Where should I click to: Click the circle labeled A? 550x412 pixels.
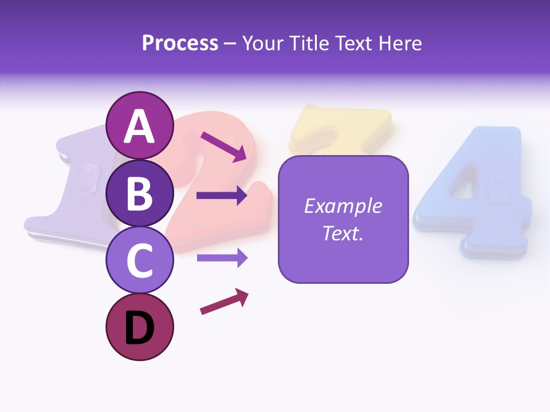pyautogui.click(x=139, y=125)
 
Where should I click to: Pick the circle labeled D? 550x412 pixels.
pyautogui.click(x=139, y=327)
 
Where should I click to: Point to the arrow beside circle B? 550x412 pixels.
pyautogui.click(x=222, y=196)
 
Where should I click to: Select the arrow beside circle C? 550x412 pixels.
pyautogui.click(x=222, y=258)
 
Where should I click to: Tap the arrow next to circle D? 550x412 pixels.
pyautogui.click(x=224, y=302)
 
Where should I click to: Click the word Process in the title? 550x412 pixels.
pyautogui.click(x=180, y=43)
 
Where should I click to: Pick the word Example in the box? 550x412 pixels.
pyautogui.click(x=343, y=206)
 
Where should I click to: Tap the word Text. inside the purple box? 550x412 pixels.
pyautogui.click(x=343, y=233)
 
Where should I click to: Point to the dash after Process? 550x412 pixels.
pyautogui.click(x=230, y=43)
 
